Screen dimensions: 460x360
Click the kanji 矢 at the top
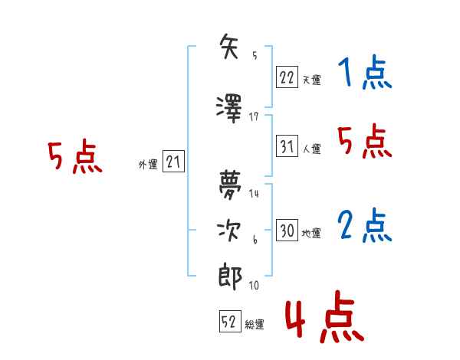point(228,46)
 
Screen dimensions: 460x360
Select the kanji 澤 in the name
point(228,109)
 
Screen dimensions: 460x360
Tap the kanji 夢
point(230,185)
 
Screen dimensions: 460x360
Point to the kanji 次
point(228,231)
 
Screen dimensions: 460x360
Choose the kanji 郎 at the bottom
point(230,277)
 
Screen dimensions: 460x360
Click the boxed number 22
point(287,77)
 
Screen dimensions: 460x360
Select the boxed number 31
point(287,146)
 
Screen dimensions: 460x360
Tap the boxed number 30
point(287,230)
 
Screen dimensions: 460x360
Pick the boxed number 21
point(173,161)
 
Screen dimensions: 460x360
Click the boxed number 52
point(230,321)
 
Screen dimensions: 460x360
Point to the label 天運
point(312,80)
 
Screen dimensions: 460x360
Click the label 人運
point(312,149)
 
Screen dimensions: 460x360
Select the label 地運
point(311,233)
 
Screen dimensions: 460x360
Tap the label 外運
point(148,164)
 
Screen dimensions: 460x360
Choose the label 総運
point(255,324)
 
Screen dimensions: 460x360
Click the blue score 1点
point(365,72)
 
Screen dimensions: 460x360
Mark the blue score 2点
point(365,225)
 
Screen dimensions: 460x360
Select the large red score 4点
point(325,316)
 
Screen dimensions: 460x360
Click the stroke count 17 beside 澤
point(254,117)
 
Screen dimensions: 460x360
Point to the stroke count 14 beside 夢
point(254,193)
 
